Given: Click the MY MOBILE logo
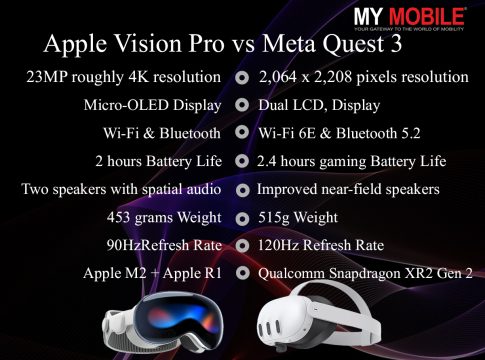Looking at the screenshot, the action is (409, 19).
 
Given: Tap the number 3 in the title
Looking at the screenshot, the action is (395, 44).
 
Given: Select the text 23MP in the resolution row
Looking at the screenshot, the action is (47, 77).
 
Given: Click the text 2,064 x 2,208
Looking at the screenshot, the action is (305, 77).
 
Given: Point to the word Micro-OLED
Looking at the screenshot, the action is (126, 105).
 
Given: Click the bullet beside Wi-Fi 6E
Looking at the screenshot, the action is (242, 133).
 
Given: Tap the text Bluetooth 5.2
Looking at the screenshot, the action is (378, 133).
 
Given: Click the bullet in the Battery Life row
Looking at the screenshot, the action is (242, 161).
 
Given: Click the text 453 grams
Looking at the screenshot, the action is (140, 218).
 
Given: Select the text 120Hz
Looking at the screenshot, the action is (279, 246).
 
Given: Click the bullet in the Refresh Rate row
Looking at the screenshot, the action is (242, 246).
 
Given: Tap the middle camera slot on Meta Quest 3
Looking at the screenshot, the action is (268, 329).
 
